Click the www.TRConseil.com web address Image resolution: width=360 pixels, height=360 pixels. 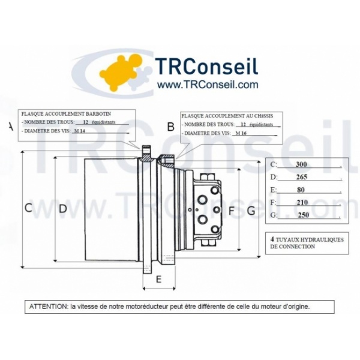[207, 85]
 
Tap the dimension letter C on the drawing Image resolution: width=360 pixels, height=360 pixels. [28, 208]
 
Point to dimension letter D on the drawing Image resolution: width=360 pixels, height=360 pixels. [62, 209]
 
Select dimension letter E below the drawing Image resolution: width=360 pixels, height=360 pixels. [158, 280]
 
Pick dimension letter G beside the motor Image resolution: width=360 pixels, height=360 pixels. [251, 211]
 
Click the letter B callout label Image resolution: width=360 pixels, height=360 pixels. [170, 127]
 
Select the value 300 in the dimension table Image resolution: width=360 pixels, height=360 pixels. [301, 164]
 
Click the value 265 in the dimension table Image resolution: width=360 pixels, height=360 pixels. [301, 177]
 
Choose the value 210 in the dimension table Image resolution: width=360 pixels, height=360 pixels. [302, 202]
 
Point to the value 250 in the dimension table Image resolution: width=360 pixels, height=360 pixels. [303, 215]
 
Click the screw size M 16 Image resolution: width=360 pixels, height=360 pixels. [241, 133]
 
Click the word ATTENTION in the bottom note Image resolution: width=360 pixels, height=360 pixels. [49, 307]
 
